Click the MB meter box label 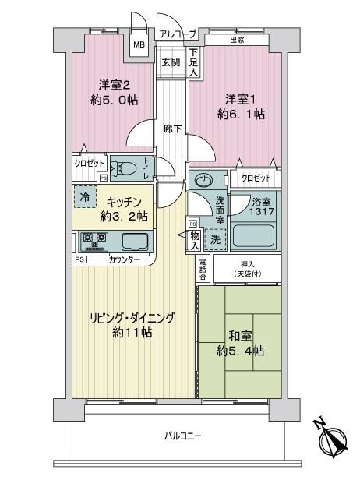139,44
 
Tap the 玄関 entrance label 171,62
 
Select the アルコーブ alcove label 178,34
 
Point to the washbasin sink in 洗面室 203,180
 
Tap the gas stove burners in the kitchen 95,240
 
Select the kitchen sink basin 135,242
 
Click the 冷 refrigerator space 85,197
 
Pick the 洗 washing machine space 216,239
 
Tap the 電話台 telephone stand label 203,270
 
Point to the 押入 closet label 247,264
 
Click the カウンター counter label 125,260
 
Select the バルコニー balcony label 183,436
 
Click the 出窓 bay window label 237,40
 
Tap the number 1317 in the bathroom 261,211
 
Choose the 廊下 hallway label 172,129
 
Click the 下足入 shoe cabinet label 193,62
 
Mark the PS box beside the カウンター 79,259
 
